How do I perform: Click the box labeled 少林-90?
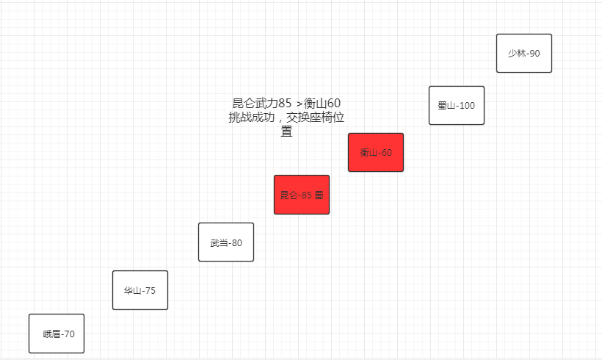coord(524,53)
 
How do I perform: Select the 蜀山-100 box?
coord(457,105)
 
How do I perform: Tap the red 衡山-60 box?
coord(376,153)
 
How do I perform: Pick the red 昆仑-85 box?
coord(302,195)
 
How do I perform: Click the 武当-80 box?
coord(226,242)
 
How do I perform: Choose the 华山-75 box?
coord(140,290)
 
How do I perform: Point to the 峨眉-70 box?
coord(57,334)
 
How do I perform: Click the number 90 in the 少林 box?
coord(534,54)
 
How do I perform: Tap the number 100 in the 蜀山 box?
coord(467,106)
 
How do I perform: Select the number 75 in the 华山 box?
coord(150,291)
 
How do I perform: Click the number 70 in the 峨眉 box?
coord(69,334)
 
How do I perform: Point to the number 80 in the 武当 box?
coord(237,243)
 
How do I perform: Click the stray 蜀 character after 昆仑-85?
coord(319,195)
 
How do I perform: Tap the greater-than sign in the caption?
coord(300,104)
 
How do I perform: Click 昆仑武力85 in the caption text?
coord(262,103)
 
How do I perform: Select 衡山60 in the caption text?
coord(322,103)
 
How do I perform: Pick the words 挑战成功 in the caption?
coord(252,117)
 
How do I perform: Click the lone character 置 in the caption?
coord(286,132)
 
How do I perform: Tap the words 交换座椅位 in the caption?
coord(315,117)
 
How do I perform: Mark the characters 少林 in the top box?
coord(517,54)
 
